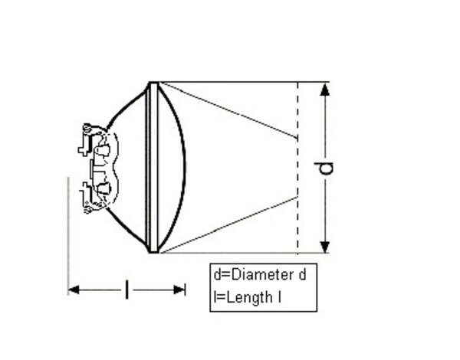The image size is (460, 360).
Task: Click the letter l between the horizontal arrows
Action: point(127,290)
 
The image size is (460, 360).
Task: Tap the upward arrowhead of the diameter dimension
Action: point(325,89)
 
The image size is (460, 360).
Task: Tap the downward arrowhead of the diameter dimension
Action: point(325,246)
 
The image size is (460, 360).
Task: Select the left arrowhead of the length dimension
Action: point(74,290)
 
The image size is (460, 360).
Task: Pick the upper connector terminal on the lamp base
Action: point(85,146)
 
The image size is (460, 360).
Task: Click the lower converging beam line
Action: point(230,224)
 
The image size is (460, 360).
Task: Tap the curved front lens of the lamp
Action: point(181,167)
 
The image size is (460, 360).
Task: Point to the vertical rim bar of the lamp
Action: point(153,167)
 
